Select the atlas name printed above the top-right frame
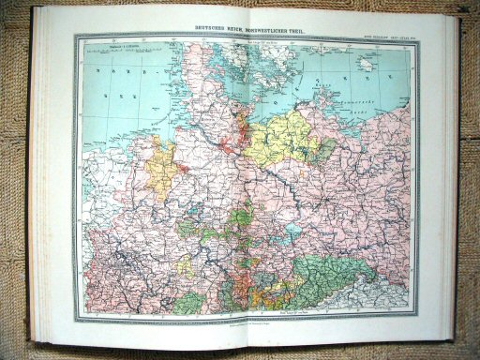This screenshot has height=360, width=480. pos(385,35)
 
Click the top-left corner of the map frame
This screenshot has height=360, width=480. pos(79,38)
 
